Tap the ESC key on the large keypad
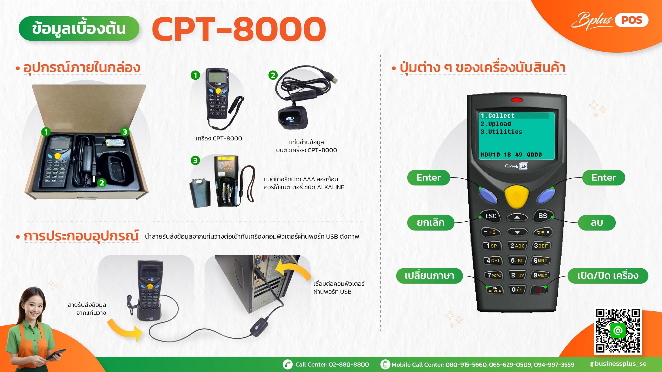(x=490, y=216)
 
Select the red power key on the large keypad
(x=539, y=290)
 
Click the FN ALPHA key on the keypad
(x=495, y=290)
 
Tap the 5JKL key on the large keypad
(x=517, y=261)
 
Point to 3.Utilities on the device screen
(x=501, y=132)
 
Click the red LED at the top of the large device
(x=517, y=100)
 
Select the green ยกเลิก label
(x=431, y=222)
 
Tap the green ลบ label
(x=596, y=222)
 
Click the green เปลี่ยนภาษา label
(x=429, y=276)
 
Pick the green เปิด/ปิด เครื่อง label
(x=608, y=276)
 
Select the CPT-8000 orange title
(x=239, y=29)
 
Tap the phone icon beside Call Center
(x=288, y=365)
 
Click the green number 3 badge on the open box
(x=125, y=132)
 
